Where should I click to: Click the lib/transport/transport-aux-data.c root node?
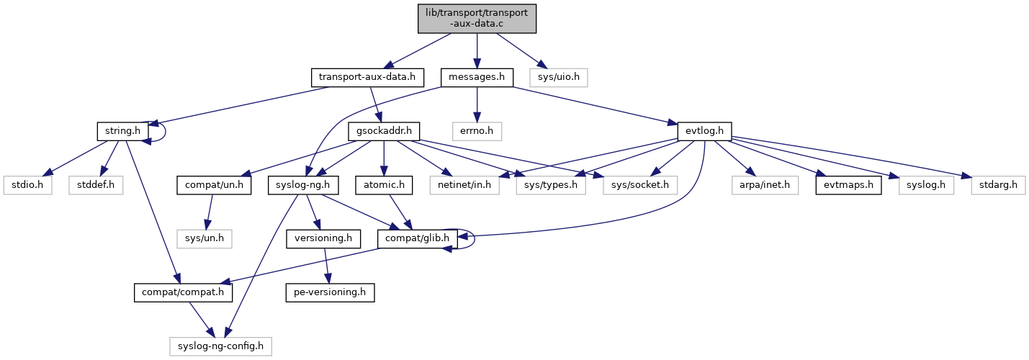point(477,19)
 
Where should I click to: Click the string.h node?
point(123,131)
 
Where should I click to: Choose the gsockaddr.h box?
point(384,131)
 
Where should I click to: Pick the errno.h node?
point(477,131)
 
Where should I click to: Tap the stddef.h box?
point(96,186)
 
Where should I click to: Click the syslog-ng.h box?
point(304,186)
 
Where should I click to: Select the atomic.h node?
point(383,186)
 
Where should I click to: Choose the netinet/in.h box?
point(465,186)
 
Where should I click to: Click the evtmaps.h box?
point(842,186)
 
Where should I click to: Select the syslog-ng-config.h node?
point(221,346)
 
